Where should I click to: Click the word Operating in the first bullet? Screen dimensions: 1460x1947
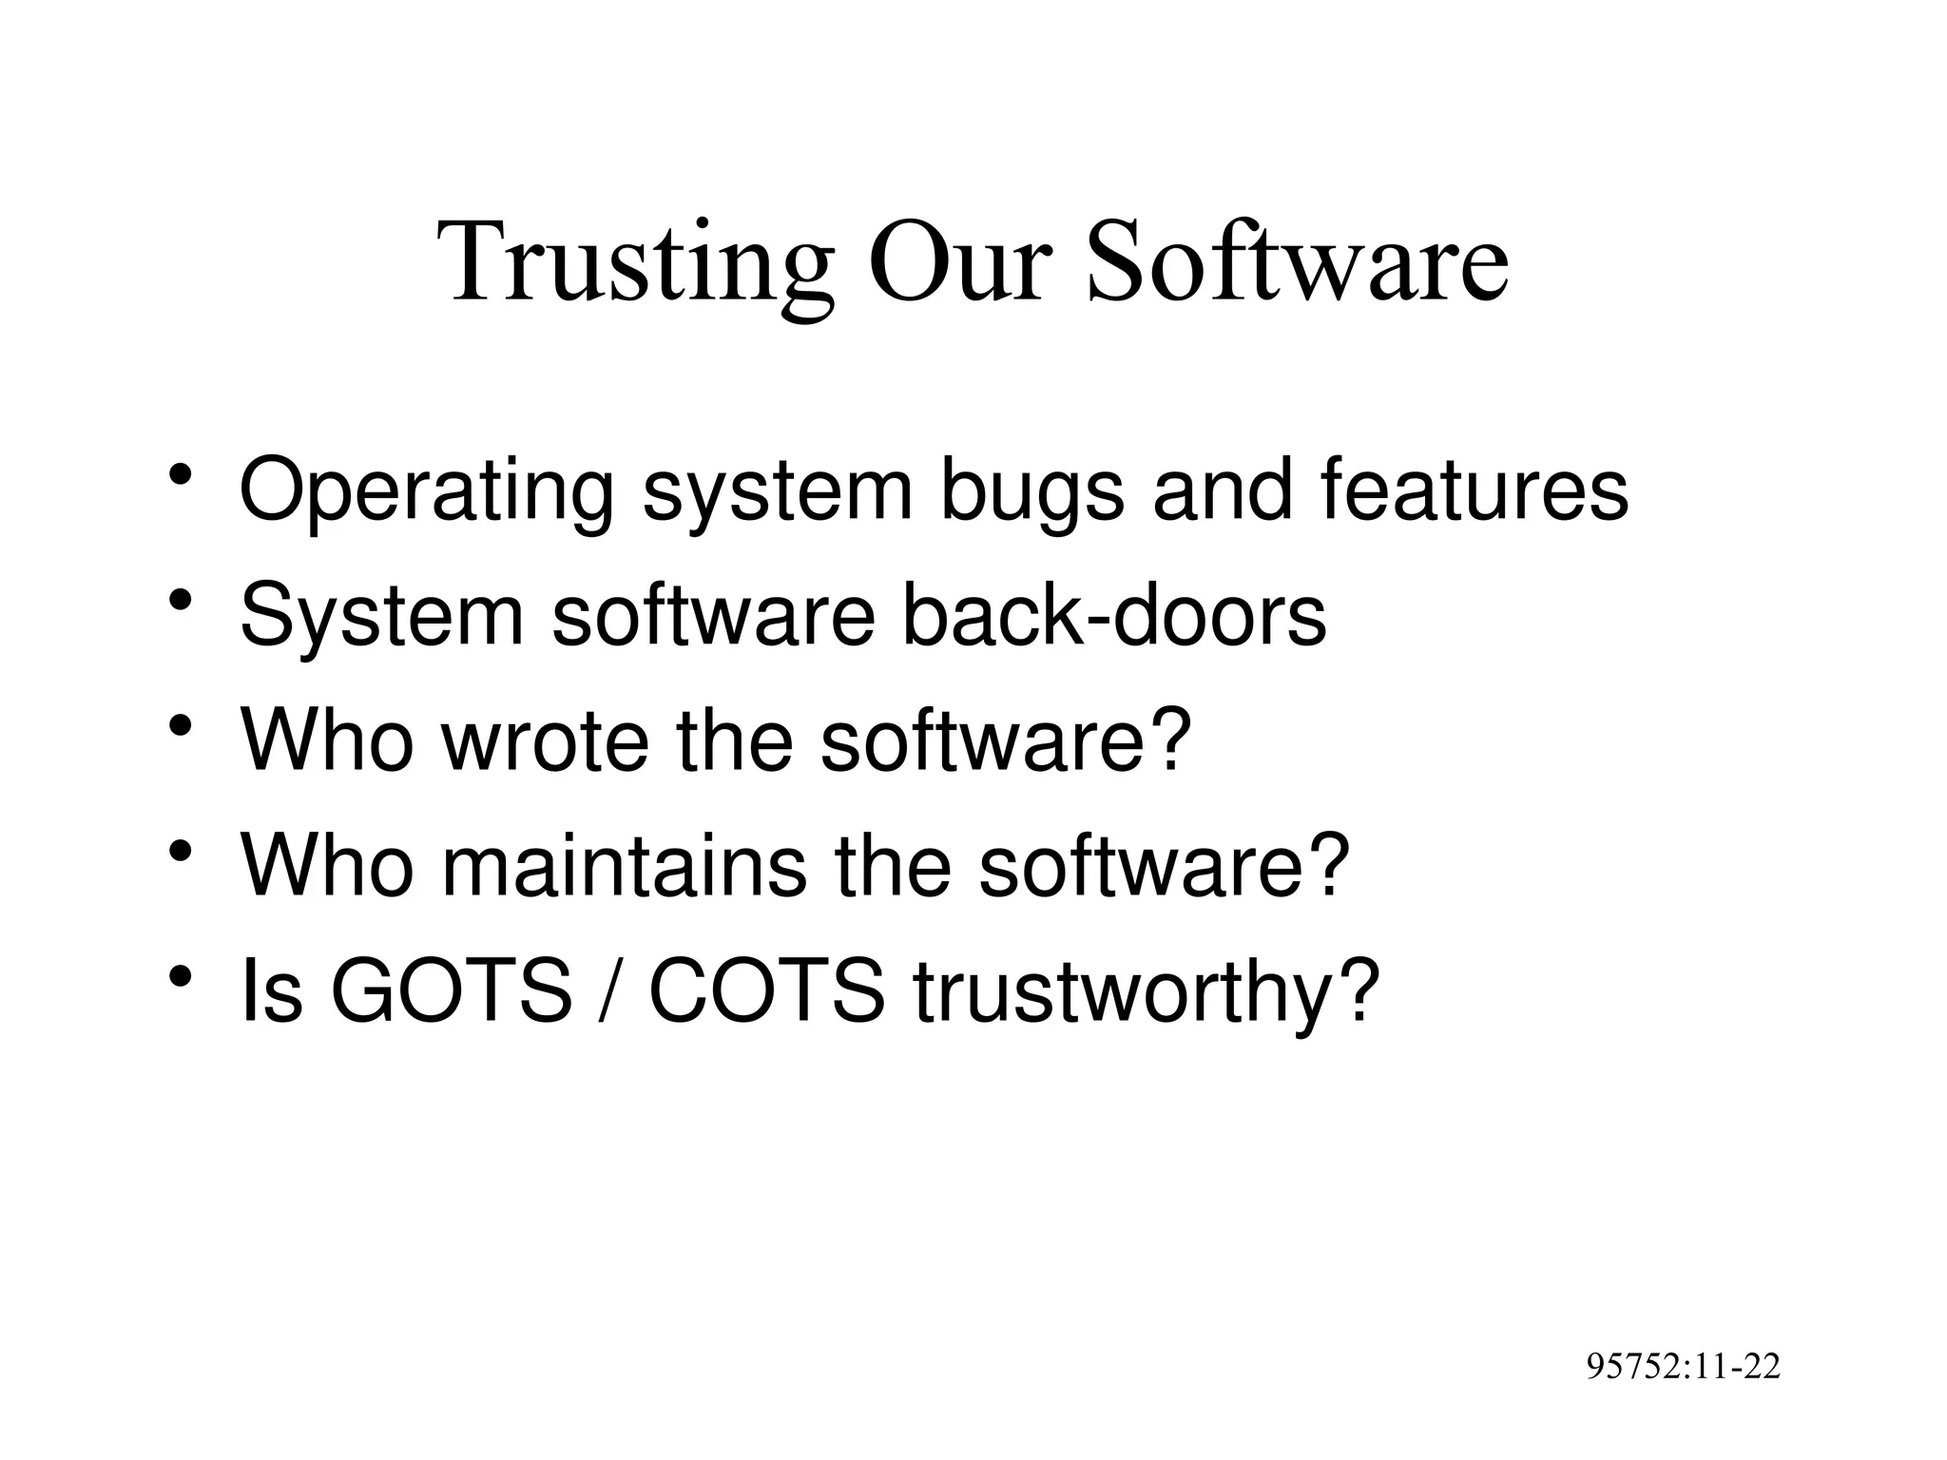click(x=426, y=491)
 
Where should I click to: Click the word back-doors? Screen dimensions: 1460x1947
click(x=1113, y=615)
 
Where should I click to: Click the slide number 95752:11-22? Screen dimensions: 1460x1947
click(x=1684, y=1367)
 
